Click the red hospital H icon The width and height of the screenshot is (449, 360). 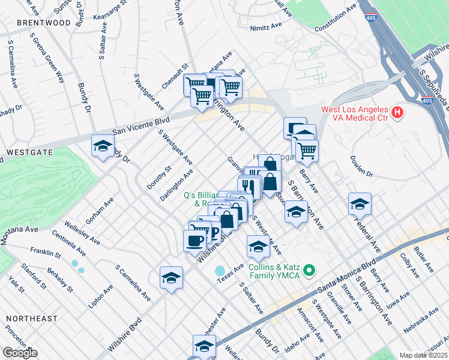click(396, 112)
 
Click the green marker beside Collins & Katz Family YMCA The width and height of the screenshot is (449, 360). click(309, 271)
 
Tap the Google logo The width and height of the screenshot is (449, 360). click(20, 353)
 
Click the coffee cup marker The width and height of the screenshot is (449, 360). click(194, 241)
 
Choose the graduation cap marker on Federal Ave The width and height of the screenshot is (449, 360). click(360, 204)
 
